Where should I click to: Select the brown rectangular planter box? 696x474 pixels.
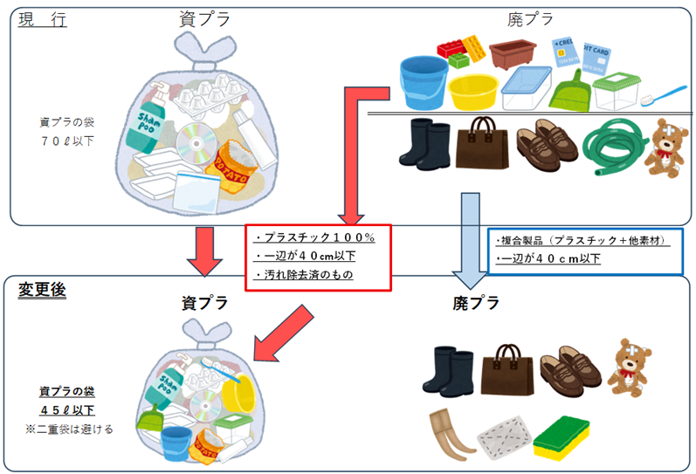(512, 57)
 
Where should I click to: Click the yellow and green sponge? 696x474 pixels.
(561, 433)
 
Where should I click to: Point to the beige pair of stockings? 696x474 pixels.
(450, 429)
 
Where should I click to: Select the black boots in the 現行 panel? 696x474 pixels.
(424, 143)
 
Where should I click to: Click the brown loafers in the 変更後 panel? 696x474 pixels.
(569, 368)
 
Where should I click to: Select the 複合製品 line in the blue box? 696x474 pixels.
(581, 240)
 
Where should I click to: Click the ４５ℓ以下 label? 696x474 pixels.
(66, 410)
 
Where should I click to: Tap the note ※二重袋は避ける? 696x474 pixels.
(68, 429)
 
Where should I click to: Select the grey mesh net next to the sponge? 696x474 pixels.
(505, 433)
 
